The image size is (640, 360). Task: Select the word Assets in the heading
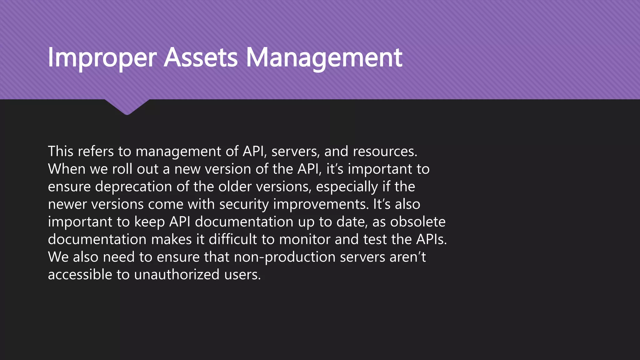(x=201, y=58)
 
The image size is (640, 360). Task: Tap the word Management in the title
(x=324, y=58)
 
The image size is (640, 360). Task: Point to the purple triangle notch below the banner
(x=127, y=106)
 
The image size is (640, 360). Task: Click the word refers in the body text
(x=96, y=151)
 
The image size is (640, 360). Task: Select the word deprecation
(x=133, y=187)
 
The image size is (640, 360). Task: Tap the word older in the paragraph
(x=235, y=187)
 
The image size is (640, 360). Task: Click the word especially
(x=347, y=187)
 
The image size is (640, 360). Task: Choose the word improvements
(x=321, y=204)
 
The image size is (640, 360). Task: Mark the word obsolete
(x=418, y=222)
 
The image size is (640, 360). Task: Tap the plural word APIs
(x=431, y=239)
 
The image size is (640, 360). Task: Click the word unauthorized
(x=177, y=275)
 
